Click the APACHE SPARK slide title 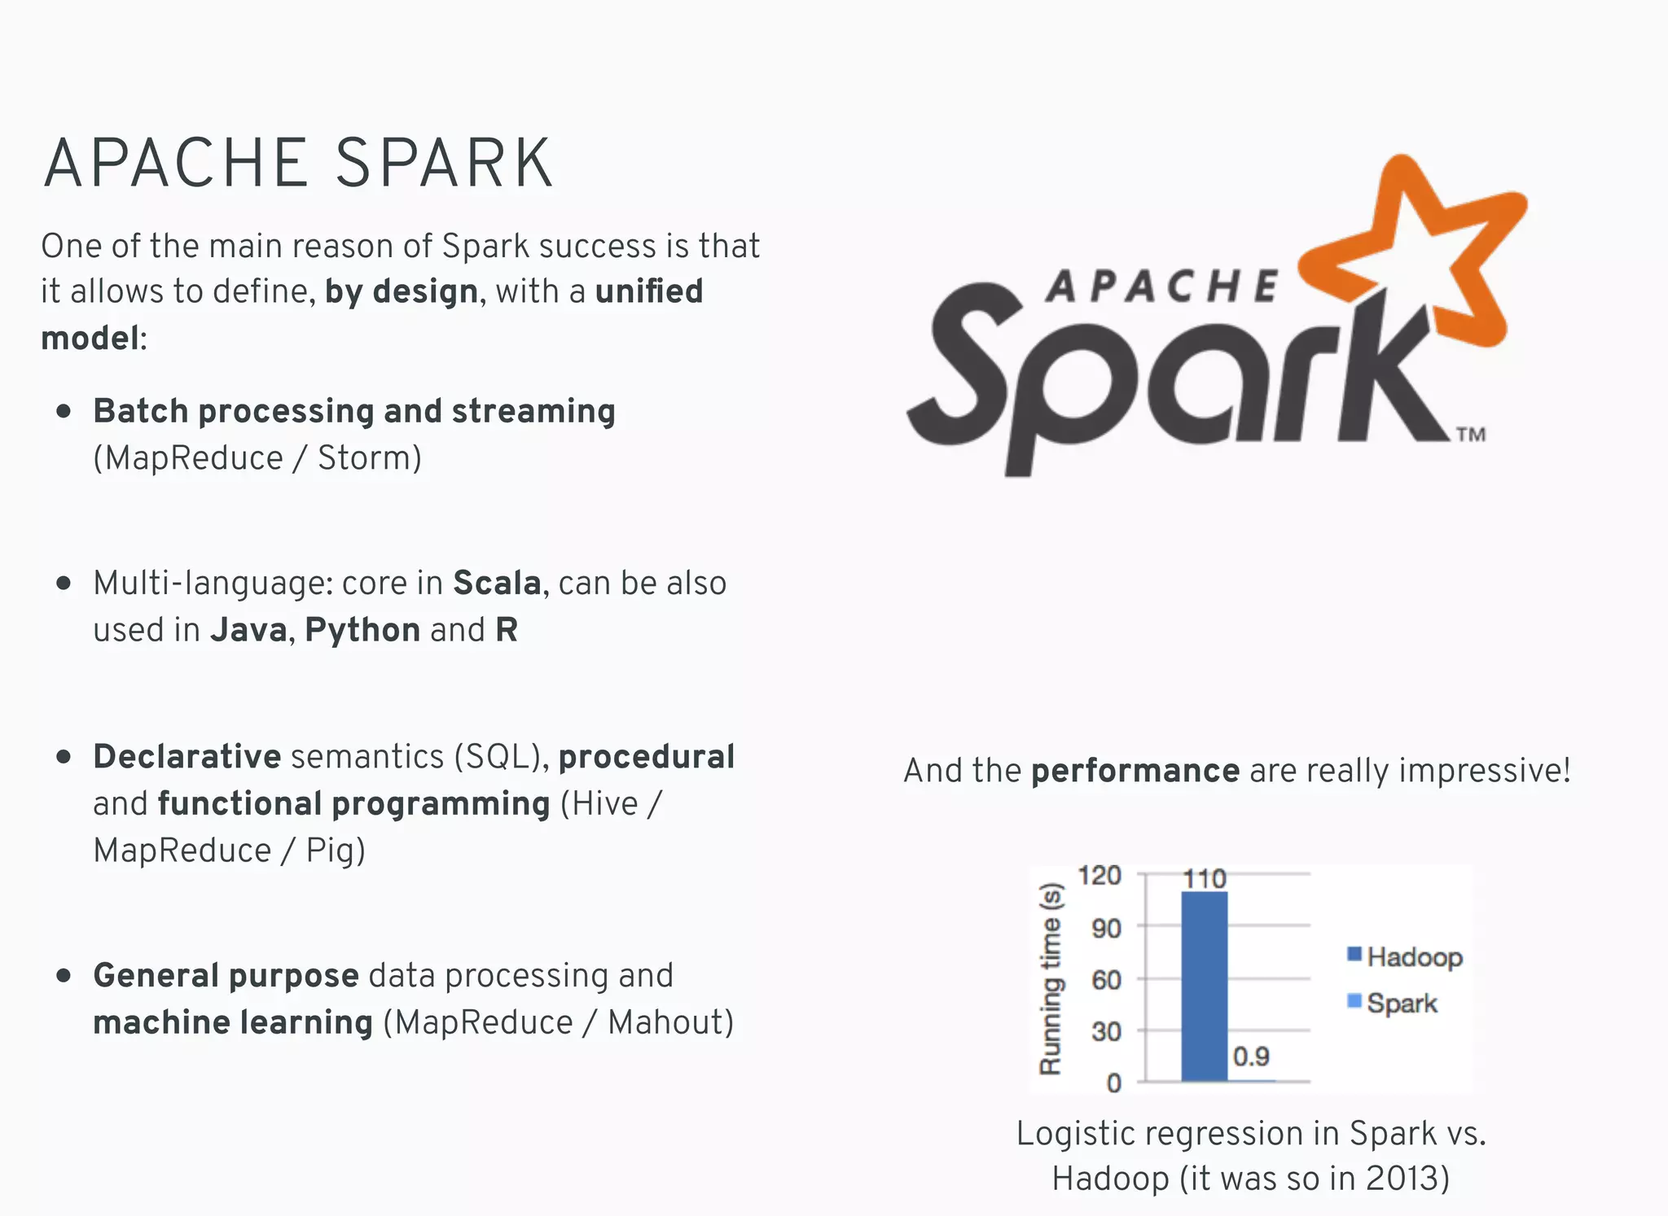click(298, 164)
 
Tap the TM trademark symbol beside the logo click(1471, 435)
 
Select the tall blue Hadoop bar click(1204, 986)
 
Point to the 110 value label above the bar click(1204, 879)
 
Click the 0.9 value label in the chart click(1251, 1056)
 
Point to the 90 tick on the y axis click(1106, 928)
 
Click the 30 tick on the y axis click(1106, 1032)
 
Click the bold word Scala click(496, 584)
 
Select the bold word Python click(362, 630)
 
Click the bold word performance click(1135, 771)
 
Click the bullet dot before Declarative click(64, 757)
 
